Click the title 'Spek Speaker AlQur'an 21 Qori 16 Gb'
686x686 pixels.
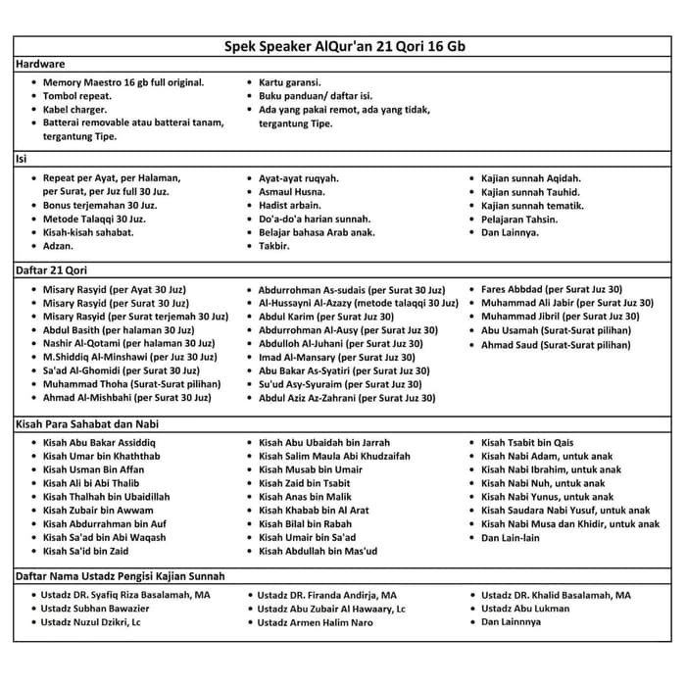pos(342,47)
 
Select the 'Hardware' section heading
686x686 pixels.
pos(42,65)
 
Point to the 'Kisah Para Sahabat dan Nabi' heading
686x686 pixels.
pos(87,423)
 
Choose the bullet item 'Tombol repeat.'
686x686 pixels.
pos(83,96)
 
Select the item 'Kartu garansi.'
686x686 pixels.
pos(290,82)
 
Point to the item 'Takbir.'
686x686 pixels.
pos(274,246)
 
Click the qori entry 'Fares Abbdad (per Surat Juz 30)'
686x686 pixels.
pos(552,289)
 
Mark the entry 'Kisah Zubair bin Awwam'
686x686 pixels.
pos(98,511)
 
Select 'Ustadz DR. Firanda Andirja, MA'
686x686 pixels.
pos(327,595)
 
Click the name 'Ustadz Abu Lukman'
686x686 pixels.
pos(526,609)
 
